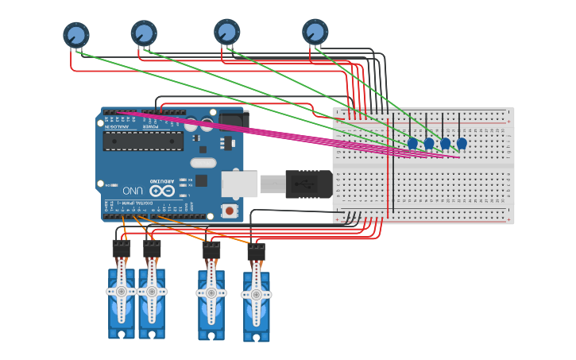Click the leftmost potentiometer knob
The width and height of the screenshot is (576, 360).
tap(76, 35)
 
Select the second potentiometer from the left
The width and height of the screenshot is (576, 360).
tap(144, 33)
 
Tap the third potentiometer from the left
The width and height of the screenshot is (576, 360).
tap(227, 32)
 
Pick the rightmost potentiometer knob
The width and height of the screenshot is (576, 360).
tap(315, 32)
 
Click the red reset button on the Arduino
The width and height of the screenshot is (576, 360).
tap(230, 211)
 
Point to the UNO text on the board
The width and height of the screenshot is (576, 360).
tap(132, 191)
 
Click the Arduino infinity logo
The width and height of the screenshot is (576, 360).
tap(161, 191)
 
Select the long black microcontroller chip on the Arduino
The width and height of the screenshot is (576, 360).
tap(143, 141)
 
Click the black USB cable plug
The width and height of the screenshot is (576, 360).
tap(308, 184)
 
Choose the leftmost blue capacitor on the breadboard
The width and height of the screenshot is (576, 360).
tap(412, 143)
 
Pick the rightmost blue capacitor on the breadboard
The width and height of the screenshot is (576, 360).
tap(462, 143)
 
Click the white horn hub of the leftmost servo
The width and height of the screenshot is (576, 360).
tap(122, 292)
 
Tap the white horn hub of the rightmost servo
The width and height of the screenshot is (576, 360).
tap(256, 295)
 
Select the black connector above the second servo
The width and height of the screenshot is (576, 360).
tap(152, 248)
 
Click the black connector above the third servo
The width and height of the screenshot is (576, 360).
tap(211, 250)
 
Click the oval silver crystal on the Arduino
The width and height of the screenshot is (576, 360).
tap(203, 163)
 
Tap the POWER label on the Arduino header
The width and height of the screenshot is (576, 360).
tap(150, 126)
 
